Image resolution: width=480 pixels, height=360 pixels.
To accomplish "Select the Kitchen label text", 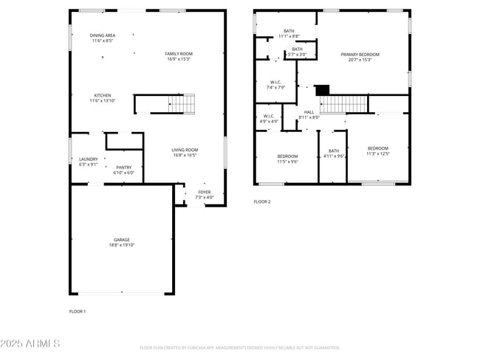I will click(103, 97).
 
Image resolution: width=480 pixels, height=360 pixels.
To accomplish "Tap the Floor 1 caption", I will click(78, 311).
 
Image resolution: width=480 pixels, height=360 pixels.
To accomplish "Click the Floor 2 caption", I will click(262, 201).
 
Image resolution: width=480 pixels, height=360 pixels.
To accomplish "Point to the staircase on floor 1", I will click(182, 104).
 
